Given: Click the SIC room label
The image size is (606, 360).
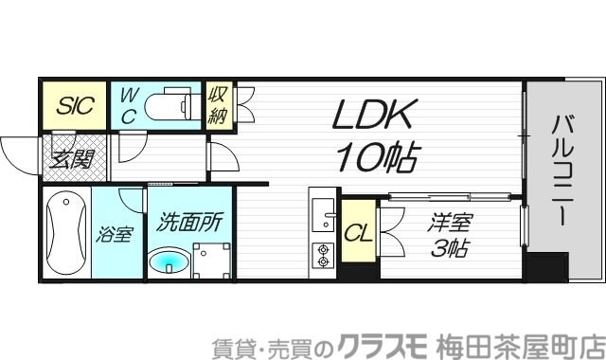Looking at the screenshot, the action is coord(73,106).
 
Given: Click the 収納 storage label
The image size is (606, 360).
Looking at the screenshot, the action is coord(217,105).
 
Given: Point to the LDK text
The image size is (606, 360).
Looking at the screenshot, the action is coord(370,117).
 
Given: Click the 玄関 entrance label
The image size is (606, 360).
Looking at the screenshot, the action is coord(73,157).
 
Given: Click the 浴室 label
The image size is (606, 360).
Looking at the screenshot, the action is coord(114,234).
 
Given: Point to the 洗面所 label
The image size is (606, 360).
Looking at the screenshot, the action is coord(190,222).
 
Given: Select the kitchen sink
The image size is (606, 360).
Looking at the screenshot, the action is coord(324,218).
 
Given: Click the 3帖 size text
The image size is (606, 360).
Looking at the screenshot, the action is coord(448,250).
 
